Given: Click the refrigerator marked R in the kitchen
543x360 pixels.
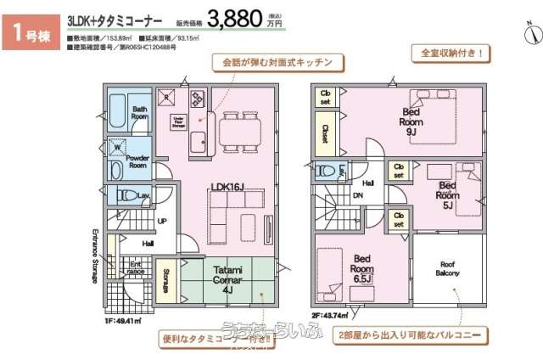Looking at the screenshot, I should (x=167, y=94).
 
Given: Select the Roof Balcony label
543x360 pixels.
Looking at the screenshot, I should (x=448, y=268).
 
